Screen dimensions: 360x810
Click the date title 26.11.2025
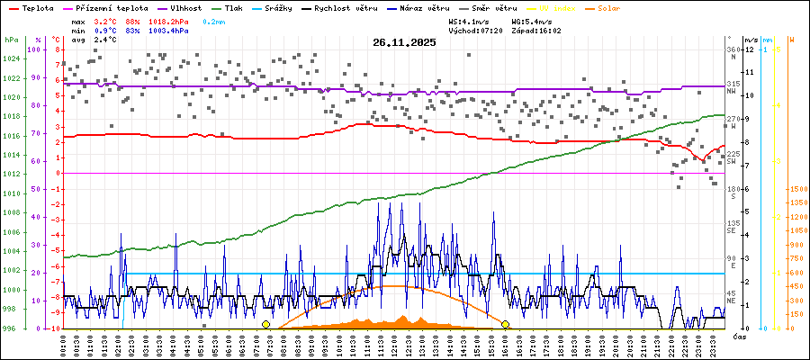[x=403, y=42]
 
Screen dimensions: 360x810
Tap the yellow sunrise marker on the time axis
[x=265, y=324]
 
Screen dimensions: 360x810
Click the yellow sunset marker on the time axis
[x=506, y=324]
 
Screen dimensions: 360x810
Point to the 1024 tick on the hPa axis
[x=11, y=58]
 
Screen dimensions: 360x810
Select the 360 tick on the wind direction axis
[x=733, y=49]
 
